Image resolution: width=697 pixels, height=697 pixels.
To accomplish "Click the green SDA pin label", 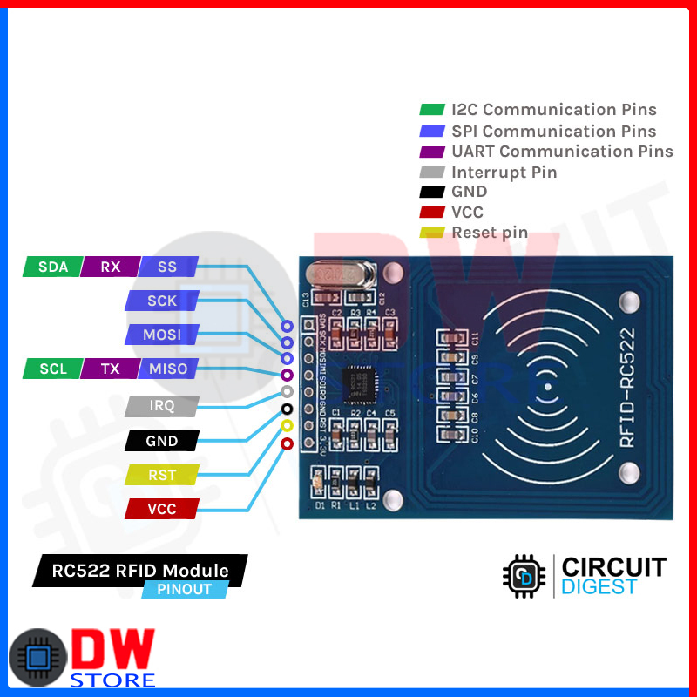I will tap(53, 267).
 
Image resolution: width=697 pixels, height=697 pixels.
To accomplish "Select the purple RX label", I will tap(110, 267).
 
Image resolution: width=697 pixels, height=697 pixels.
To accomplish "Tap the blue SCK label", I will tap(162, 301).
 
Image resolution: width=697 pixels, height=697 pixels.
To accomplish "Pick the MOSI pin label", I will tap(162, 335).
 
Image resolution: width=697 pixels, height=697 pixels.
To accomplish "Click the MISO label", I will tap(168, 369).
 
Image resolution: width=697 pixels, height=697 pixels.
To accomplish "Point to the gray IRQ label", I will tap(162, 406).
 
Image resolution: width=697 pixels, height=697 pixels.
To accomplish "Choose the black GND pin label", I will tap(162, 441).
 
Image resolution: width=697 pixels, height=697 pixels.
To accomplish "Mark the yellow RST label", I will tap(162, 475).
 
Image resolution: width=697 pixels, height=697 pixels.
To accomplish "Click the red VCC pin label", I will tap(162, 509).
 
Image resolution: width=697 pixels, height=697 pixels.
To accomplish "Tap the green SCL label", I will tap(53, 369).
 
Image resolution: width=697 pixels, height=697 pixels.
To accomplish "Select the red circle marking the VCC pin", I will tap(287, 444).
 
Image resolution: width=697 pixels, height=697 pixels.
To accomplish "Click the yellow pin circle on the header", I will tap(287, 426).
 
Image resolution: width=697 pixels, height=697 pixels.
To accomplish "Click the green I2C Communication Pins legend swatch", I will tap(432, 110).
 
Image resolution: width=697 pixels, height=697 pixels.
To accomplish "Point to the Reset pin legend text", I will tap(490, 233).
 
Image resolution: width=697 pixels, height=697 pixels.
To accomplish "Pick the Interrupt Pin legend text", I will tap(504, 172).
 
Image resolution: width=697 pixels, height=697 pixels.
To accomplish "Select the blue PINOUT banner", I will tap(185, 589).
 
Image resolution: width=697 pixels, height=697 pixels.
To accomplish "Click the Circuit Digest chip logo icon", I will tap(524, 576).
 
